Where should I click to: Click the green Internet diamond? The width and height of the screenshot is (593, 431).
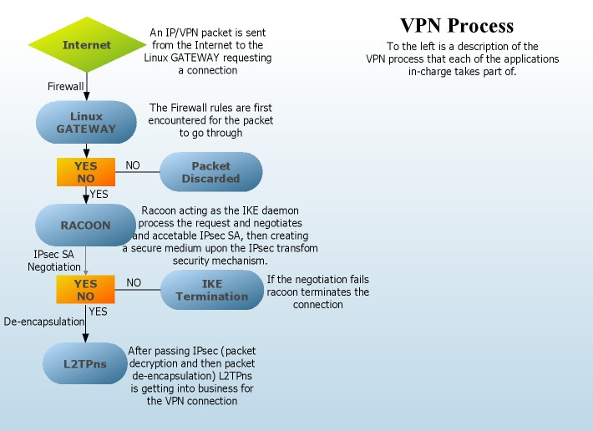tap(87, 44)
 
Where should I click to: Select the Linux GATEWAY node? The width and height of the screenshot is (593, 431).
tap(87, 123)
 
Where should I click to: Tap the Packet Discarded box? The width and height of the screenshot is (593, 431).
tap(210, 172)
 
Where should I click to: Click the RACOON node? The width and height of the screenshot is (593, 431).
tap(85, 225)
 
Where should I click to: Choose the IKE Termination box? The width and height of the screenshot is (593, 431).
tap(212, 290)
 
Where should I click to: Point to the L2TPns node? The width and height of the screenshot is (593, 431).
tap(85, 363)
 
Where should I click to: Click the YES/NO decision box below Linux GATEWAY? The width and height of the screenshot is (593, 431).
tap(86, 172)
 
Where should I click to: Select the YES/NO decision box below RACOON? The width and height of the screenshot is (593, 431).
tap(86, 290)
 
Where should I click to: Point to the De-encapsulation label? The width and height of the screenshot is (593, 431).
tap(43, 321)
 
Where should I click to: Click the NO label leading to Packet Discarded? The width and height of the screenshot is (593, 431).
tap(133, 165)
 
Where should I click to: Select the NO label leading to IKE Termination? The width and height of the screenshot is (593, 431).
tap(134, 283)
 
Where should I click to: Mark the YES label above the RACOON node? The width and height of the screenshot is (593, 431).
tap(99, 194)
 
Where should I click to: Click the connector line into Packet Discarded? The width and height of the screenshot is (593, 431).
tap(138, 173)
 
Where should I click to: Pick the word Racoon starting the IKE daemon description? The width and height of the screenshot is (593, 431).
tap(160, 211)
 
